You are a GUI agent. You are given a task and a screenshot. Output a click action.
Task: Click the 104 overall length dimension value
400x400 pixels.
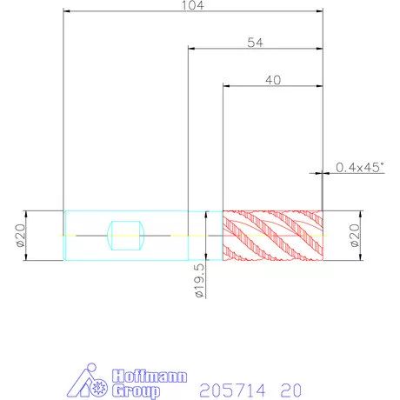[193, 5]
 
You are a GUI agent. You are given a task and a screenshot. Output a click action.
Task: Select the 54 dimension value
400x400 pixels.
[256, 43]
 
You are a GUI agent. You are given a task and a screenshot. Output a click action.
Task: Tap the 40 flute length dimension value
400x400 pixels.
[273, 80]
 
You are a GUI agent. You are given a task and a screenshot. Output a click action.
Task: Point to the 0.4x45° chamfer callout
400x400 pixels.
[360, 167]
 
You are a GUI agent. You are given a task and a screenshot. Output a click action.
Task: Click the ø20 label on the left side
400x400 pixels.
[21, 236]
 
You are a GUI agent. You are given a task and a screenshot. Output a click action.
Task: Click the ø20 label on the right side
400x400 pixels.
[355, 236]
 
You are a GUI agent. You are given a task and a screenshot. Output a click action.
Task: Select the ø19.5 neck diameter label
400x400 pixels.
[199, 281]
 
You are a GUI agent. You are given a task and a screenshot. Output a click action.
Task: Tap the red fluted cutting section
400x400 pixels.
[273, 236]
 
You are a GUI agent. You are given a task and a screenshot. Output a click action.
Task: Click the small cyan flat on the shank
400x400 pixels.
[125, 236]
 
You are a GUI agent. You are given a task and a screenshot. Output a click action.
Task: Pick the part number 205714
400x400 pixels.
[232, 390]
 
